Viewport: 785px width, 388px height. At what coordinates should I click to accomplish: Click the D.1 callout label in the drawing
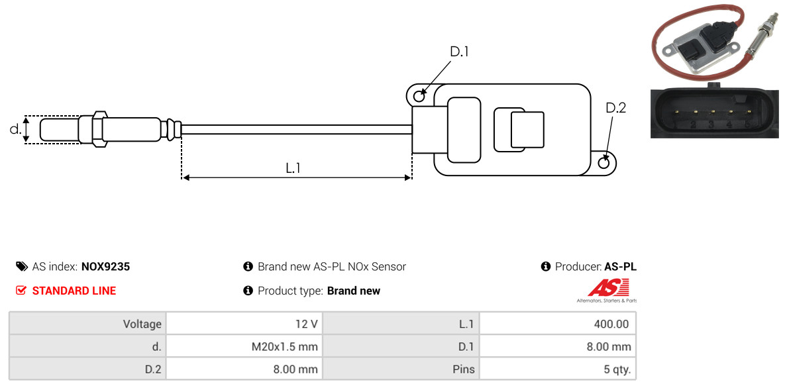coord(459,52)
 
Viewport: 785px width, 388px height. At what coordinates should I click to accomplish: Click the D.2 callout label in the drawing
coord(615,108)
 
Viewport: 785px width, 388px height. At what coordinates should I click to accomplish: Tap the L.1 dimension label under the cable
coord(293,168)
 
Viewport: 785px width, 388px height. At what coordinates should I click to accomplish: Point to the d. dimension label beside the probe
coord(15,129)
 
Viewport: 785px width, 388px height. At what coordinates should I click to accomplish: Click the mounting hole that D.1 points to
coord(419,97)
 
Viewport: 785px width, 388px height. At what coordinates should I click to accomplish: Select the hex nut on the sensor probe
coord(97,128)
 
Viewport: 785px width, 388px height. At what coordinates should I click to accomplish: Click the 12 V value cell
coord(244,324)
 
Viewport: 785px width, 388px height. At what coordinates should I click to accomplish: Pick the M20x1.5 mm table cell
coord(244,346)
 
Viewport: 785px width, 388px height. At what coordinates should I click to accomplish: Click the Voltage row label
coord(87,324)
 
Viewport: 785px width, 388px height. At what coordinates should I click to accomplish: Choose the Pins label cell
coord(400,369)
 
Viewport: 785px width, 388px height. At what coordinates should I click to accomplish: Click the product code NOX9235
coord(105,267)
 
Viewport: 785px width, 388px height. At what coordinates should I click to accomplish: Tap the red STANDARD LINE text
coord(74,291)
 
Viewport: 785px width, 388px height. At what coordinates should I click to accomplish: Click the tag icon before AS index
coord(21,267)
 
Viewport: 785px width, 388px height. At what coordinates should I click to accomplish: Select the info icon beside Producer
coord(546,267)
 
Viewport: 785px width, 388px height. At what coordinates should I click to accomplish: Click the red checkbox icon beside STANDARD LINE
coord(21,291)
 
